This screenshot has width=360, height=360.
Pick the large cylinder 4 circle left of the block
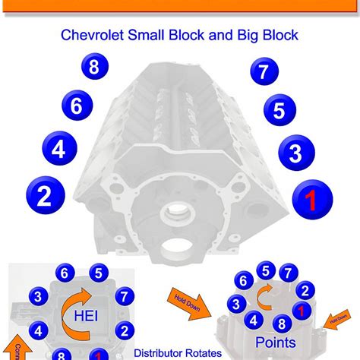tap(59, 148)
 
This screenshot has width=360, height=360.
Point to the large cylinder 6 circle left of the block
tap(77, 106)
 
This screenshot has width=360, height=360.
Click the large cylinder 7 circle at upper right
tap(264, 73)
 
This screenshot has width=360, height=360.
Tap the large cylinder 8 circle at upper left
tap(93, 68)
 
